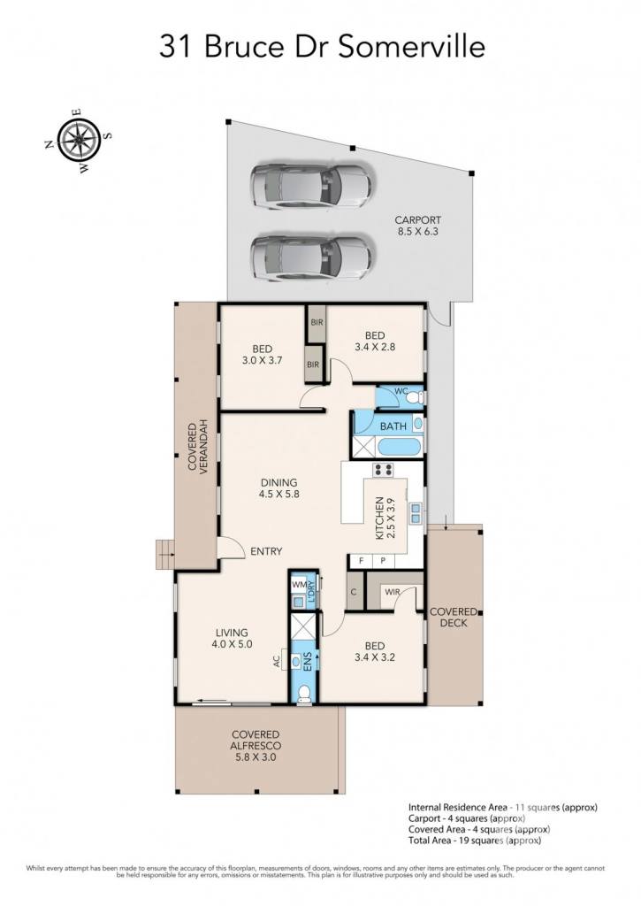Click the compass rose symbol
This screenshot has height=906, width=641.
(79, 141)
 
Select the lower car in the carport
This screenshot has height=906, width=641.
(310, 257)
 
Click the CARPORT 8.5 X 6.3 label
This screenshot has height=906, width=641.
(417, 226)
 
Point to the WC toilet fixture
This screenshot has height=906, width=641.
(416, 397)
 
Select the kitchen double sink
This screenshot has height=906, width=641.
(416, 513)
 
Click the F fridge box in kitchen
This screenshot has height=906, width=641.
(361, 560)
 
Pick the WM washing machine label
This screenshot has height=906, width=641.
(299, 584)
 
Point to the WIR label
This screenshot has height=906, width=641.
(392, 592)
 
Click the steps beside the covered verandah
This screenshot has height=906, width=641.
(165, 555)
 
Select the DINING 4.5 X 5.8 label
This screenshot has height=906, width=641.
(279, 488)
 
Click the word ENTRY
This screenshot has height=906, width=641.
(266, 552)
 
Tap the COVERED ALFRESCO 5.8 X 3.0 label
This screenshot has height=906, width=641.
(256, 745)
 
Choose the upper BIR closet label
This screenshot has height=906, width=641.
(317, 322)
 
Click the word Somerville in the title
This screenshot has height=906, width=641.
(412, 47)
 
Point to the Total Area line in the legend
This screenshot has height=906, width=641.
(475, 841)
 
